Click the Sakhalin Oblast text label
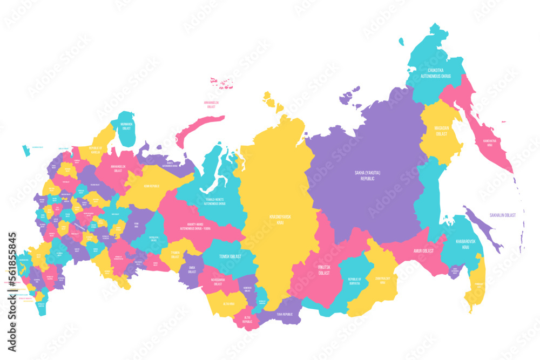[x=502, y=215]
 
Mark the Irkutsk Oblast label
[x=324, y=270]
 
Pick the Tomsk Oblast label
[x=229, y=257]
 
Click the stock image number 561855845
[x=11, y=270]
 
